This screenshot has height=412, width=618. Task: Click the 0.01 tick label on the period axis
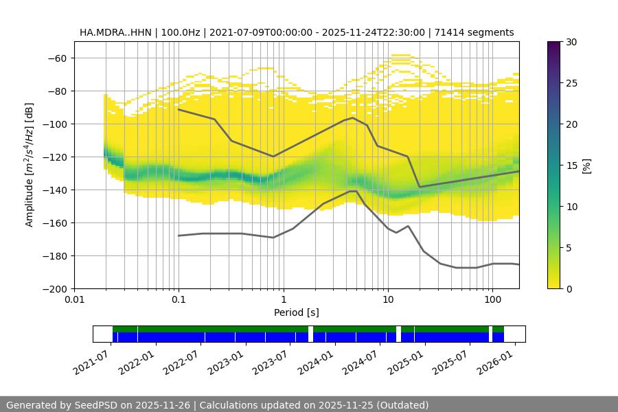click(x=74, y=299)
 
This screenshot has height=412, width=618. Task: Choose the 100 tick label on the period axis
click(x=492, y=299)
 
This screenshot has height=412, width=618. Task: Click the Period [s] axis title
click(x=297, y=312)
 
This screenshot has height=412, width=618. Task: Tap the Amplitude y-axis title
click(x=30, y=165)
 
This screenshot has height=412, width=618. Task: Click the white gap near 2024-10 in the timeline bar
click(x=398, y=334)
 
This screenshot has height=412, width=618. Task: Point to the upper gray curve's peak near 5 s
click(x=353, y=117)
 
